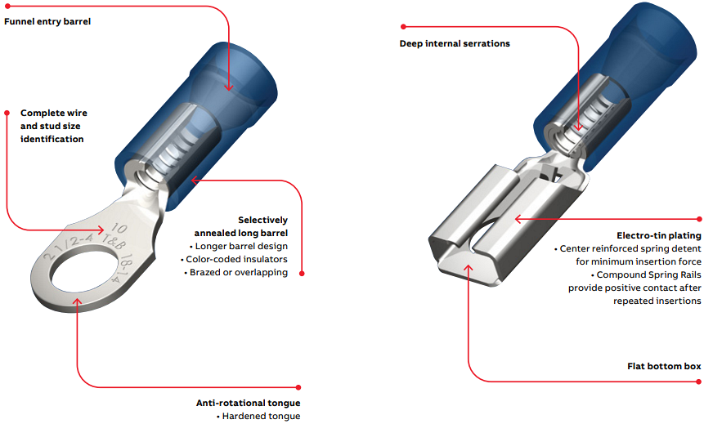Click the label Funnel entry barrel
pyautogui.click(x=47, y=21)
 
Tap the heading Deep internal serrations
pyautogui.click(x=455, y=43)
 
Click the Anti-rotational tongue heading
pyautogui.click(x=248, y=403)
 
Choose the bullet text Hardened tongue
pyautogui.click(x=261, y=416)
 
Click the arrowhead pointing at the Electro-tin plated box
pyautogui.click(x=518, y=218)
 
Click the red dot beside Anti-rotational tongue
pyautogui.click(x=299, y=387)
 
